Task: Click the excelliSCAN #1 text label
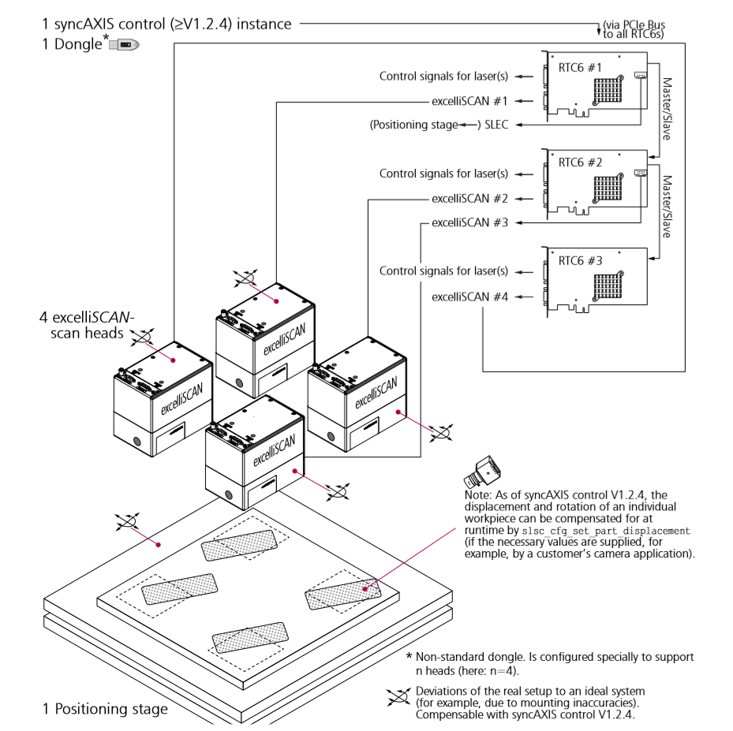point(469,101)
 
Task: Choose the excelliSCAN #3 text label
point(469,222)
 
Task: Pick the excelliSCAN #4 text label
point(469,297)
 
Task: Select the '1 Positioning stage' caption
point(105,709)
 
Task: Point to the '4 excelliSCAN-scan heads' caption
point(88,325)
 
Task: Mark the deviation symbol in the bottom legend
point(395,697)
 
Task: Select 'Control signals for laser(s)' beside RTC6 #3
point(443,271)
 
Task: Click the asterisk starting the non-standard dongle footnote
point(409,656)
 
